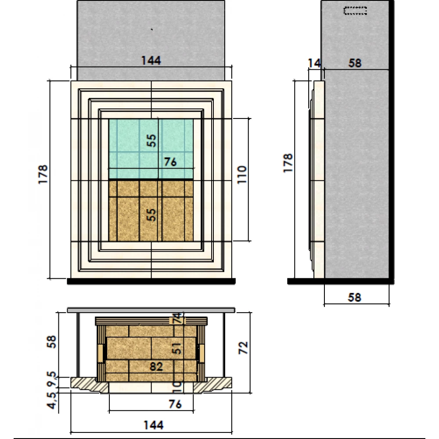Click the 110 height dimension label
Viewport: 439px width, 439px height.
click(242, 175)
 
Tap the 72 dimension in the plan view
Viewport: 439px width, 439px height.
click(243, 348)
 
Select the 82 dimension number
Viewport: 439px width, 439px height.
click(156, 367)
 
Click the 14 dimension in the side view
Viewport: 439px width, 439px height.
click(314, 63)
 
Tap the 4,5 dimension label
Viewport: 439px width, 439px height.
click(52, 400)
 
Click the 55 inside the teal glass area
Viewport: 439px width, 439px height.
click(151, 140)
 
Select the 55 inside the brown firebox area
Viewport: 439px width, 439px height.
click(151, 215)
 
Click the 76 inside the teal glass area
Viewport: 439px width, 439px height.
click(170, 162)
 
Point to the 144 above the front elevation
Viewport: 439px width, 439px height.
click(151, 61)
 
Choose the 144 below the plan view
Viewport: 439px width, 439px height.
click(153, 425)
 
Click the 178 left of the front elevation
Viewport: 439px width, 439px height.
click(43, 174)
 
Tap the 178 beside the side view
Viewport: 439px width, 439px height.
click(288, 163)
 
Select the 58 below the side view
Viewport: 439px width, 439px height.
click(354, 297)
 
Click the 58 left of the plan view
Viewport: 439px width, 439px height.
click(51, 342)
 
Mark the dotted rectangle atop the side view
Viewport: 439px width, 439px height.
click(355, 11)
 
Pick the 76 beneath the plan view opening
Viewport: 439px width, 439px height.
click(175, 404)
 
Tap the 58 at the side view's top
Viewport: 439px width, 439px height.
click(355, 63)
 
